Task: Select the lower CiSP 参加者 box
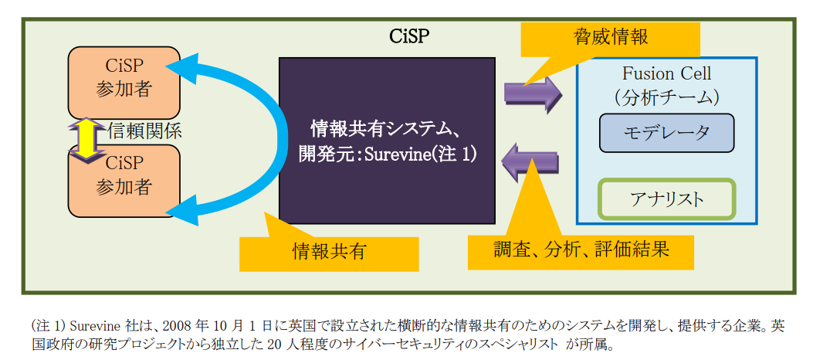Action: [124, 176]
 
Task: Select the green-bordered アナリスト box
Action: [666, 199]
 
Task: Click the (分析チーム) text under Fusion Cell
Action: [666, 97]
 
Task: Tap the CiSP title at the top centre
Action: [409, 36]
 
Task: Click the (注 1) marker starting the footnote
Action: [47, 324]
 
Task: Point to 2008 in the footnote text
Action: [174, 324]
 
